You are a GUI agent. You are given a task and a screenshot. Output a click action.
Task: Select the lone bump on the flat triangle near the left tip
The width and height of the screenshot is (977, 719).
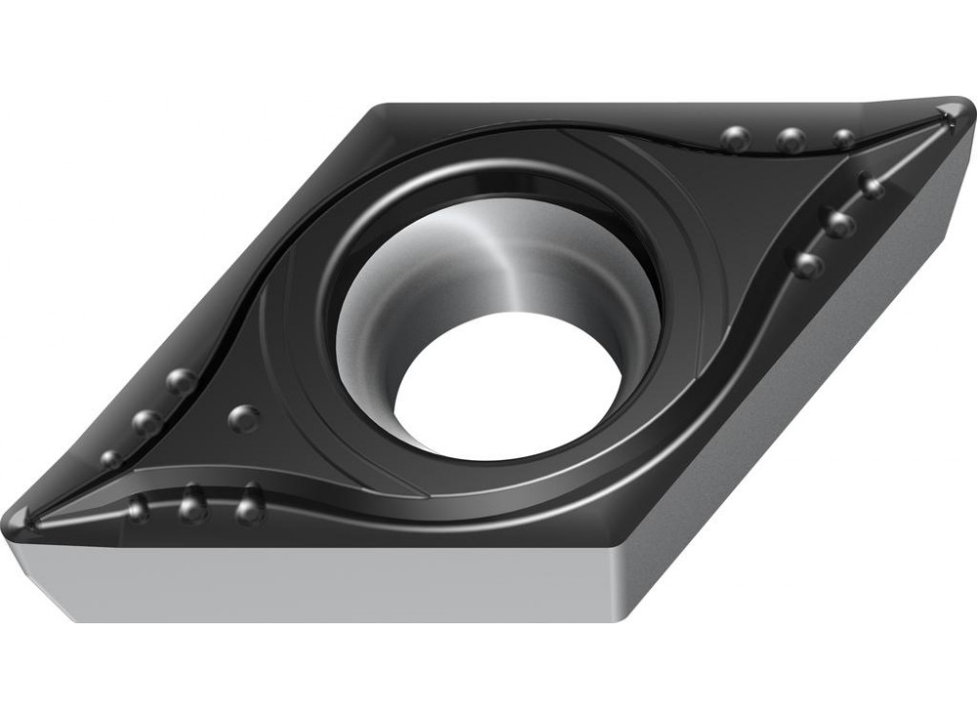(244, 418)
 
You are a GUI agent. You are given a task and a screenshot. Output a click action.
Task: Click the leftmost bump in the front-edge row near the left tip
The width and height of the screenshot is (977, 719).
(139, 507)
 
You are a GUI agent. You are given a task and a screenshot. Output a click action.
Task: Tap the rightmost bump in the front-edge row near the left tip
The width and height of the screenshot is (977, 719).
(250, 507)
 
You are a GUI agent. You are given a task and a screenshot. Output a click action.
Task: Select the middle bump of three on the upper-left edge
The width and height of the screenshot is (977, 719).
(148, 422)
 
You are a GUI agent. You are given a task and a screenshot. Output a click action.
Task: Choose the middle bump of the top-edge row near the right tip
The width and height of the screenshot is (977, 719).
(791, 140)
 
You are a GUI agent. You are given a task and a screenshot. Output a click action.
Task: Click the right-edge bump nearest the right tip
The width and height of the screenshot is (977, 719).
(871, 186)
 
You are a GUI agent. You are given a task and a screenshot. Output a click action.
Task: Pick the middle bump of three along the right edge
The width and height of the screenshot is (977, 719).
(839, 224)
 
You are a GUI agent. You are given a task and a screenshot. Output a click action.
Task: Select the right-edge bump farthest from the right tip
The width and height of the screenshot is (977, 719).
(808, 264)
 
